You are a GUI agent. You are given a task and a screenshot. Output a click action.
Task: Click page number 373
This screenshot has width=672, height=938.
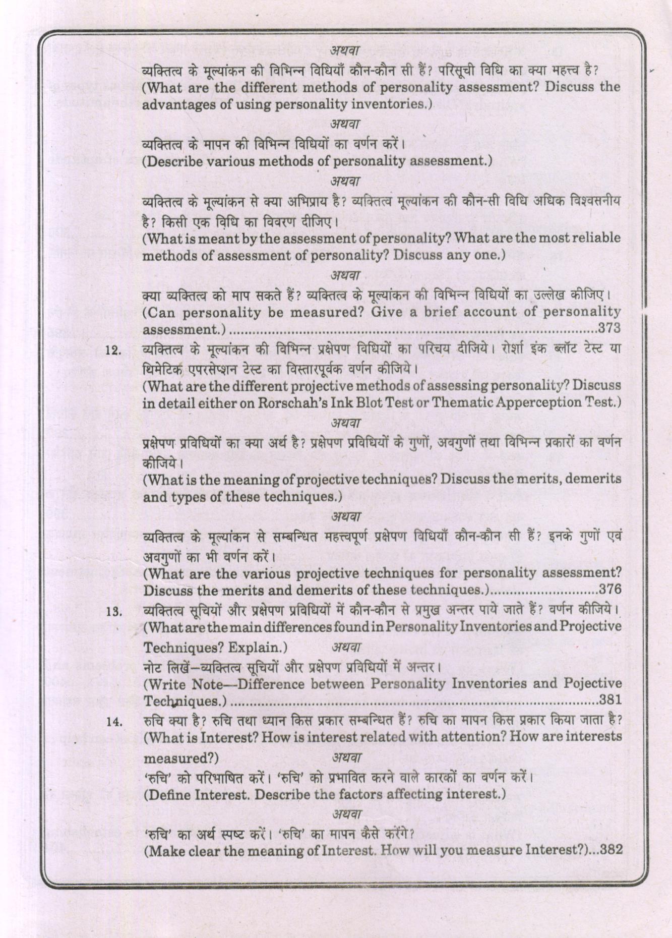609,329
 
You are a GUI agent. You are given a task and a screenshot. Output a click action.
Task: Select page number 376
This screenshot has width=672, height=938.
609,589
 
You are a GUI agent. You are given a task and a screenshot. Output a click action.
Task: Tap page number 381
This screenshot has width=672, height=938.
609,700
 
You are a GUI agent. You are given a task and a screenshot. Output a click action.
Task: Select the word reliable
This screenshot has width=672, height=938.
592,238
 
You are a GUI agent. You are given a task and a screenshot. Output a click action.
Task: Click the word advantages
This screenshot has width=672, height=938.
173,105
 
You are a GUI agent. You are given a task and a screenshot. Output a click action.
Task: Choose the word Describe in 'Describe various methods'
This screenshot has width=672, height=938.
174,161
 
